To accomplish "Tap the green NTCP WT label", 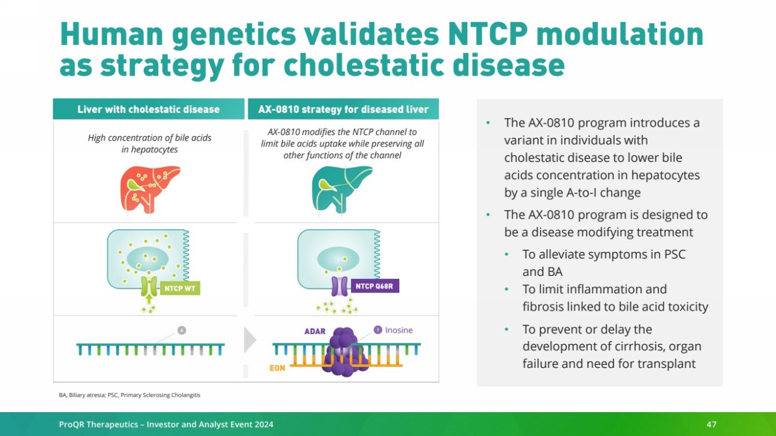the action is click(x=180, y=288).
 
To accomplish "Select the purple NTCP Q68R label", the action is click(x=374, y=286).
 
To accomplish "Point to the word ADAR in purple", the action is click(x=315, y=331).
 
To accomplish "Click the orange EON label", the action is click(x=277, y=368).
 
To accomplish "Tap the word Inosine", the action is click(x=399, y=330).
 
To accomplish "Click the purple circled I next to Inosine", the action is click(x=378, y=330).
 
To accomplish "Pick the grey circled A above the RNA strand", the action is click(x=182, y=330).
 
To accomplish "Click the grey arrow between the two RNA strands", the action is click(x=250, y=340).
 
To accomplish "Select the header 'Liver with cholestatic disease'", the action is click(x=149, y=109).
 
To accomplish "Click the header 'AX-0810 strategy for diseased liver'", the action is click(x=343, y=109).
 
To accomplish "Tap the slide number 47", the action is click(x=712, y=424).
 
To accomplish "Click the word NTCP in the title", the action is click(x=488, y=34).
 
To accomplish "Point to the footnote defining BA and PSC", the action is click(x=130, y=395).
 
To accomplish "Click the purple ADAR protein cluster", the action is click(x=344, y=351).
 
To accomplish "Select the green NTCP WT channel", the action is click(x=149, y=286).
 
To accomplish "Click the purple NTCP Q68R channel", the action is click(x=340, y=286).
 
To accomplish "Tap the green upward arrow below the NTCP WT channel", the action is click(x=149, y=299).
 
